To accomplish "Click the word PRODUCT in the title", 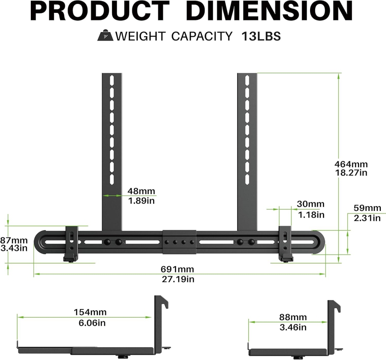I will [100, 12].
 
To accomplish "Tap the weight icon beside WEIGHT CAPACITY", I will [105, 36].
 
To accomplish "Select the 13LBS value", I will [261, 36].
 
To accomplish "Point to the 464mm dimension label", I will [351, 164].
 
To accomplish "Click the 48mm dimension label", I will [142, 191].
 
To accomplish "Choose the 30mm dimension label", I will [311, 204].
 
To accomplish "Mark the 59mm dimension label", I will [367, 208].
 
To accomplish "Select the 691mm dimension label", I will [178, 270].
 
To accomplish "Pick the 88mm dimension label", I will [293, 317].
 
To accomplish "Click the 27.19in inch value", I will [178, 279].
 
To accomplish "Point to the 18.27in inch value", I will [351, 173].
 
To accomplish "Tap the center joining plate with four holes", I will [179, 242].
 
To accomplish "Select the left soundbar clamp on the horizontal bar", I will [71, 243].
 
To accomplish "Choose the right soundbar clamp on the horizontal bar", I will [285, 243].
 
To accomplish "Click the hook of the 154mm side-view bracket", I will [163, 301].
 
